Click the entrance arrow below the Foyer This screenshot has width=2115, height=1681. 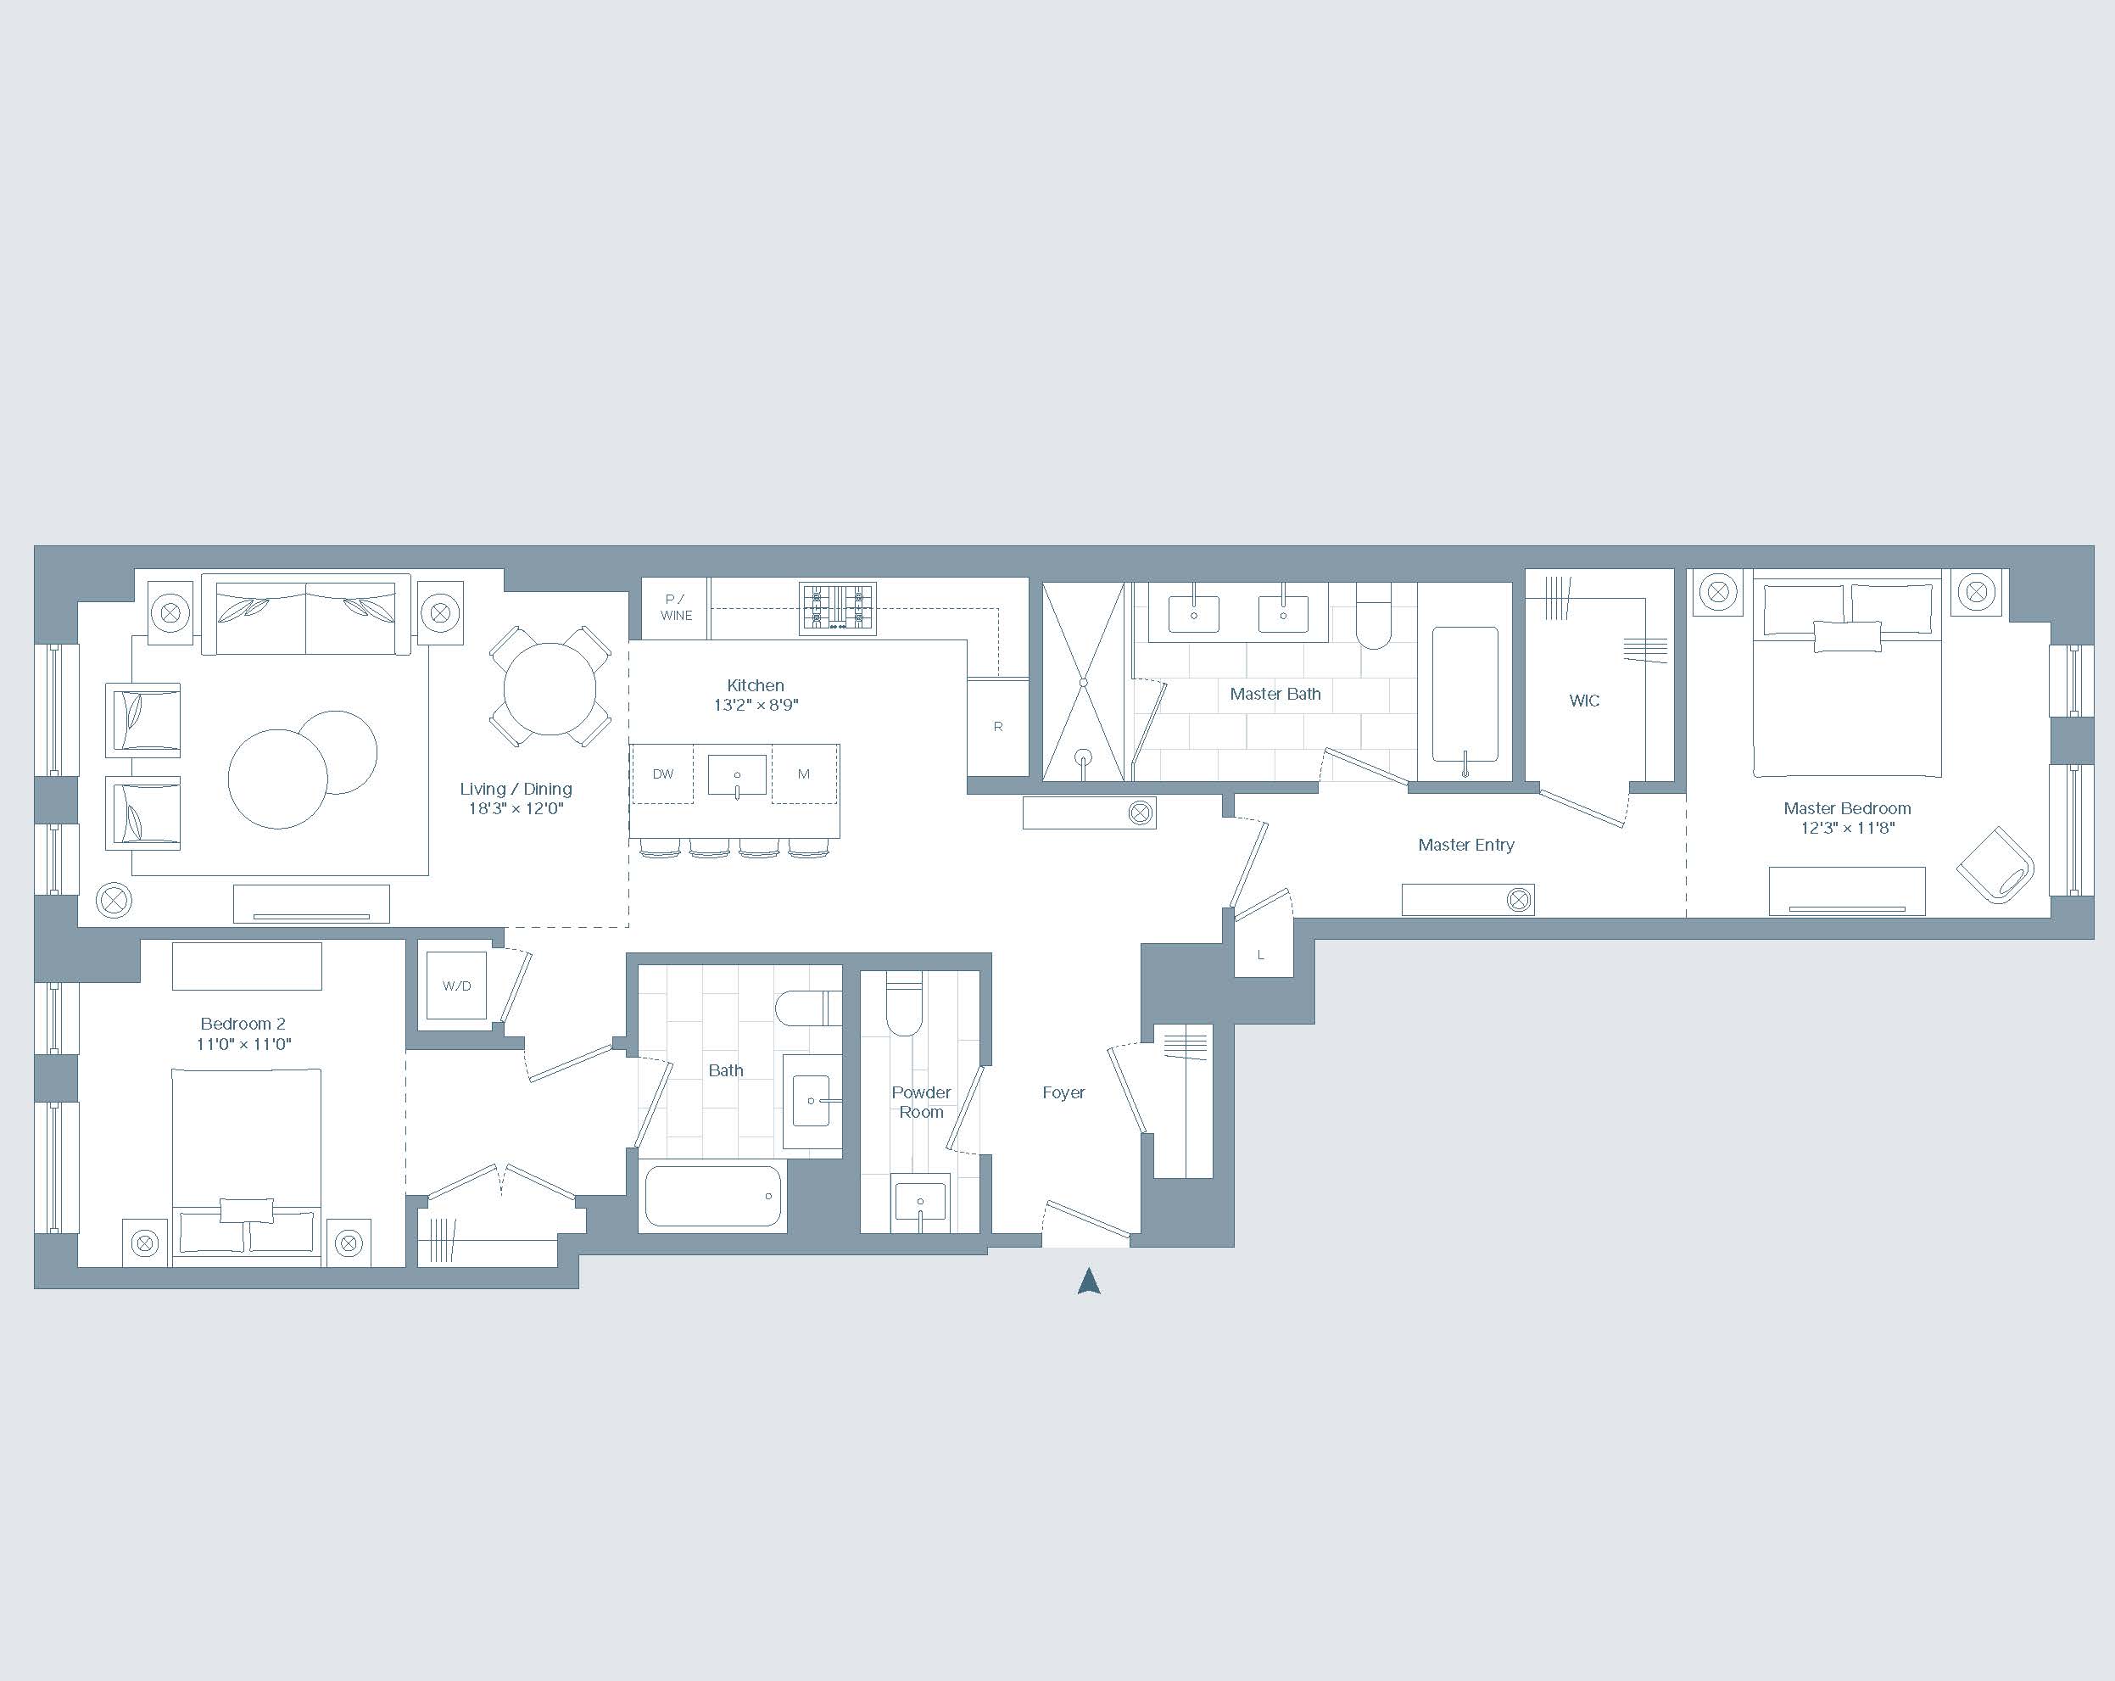pyautogui.click(x=1089, y=1282)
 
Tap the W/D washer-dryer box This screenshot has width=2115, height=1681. pyautogui.click(x=457, y=986)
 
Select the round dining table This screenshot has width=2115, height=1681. pyautogui.click(x=550, y=688)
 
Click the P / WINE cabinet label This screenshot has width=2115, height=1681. pyautogui.click(x=676, y=607)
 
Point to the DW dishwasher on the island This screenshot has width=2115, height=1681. pyautogui.click(x=662, y=774)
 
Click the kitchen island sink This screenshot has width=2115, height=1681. pyautogui.click(x=737, y=774)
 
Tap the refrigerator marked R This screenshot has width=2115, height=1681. pyautogui.click(x=997, y=727)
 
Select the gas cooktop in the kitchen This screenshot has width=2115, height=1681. pyautogui.click(x=837, y=607)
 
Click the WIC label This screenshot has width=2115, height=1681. pyautogui.click(x=1584, y=701)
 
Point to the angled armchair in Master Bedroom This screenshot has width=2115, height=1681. pyautogui.click(x=1996, y=864)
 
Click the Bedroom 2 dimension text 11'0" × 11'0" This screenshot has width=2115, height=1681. pyautogui.click(x=243, y=1044)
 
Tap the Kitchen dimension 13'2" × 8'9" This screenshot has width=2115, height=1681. pyautogui.click(x=756, y=705)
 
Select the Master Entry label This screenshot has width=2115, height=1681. pyautogui.click(x=1465, y=845)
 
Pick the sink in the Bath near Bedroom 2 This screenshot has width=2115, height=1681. pyautogui.click(x=812, y=1102)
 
